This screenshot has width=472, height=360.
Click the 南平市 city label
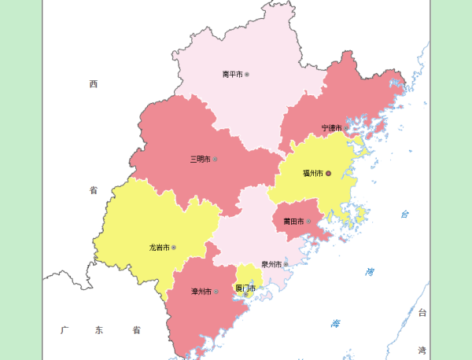tap(232, 75)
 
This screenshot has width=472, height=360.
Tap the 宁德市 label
tap(331, 127)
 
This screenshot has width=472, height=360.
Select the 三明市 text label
tap(200, 159)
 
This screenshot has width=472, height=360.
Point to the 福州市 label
tap(313, 173)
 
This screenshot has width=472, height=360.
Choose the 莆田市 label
tap(293, 222)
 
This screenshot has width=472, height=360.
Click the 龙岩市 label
tap(159, 248)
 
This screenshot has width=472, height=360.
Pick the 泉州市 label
tap(271, 264)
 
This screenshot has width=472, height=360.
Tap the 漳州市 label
tap(201, 292)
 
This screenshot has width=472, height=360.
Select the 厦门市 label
tap(245, 288)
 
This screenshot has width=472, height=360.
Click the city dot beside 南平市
tap(247, 75)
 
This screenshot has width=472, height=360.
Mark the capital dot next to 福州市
tap(329, 173)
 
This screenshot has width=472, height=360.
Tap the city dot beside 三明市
tap(215, 159)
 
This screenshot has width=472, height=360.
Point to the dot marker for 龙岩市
tap(174, 248)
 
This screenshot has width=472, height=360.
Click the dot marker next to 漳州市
tap(216, 292)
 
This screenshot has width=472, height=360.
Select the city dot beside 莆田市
tap(308, 222)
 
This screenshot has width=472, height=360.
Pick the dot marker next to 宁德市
tap(346, 127)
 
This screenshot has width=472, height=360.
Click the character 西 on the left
tap(93, 83)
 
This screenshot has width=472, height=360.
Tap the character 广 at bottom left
tap(65, 330)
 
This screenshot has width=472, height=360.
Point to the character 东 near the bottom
tap(99, 330)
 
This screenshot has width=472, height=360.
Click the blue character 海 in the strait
tap(337, 324)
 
